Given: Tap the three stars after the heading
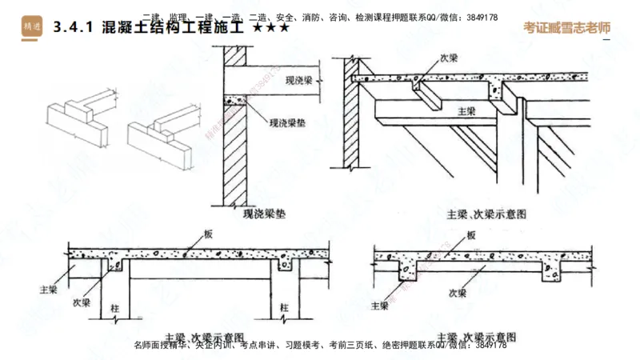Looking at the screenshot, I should (270, 27).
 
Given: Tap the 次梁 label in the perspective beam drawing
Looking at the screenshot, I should (450, 59).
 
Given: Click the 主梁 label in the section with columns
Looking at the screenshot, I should (47, 284).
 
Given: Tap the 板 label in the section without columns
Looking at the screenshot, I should (470, 235).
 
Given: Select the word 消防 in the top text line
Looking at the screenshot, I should (317, 17).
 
